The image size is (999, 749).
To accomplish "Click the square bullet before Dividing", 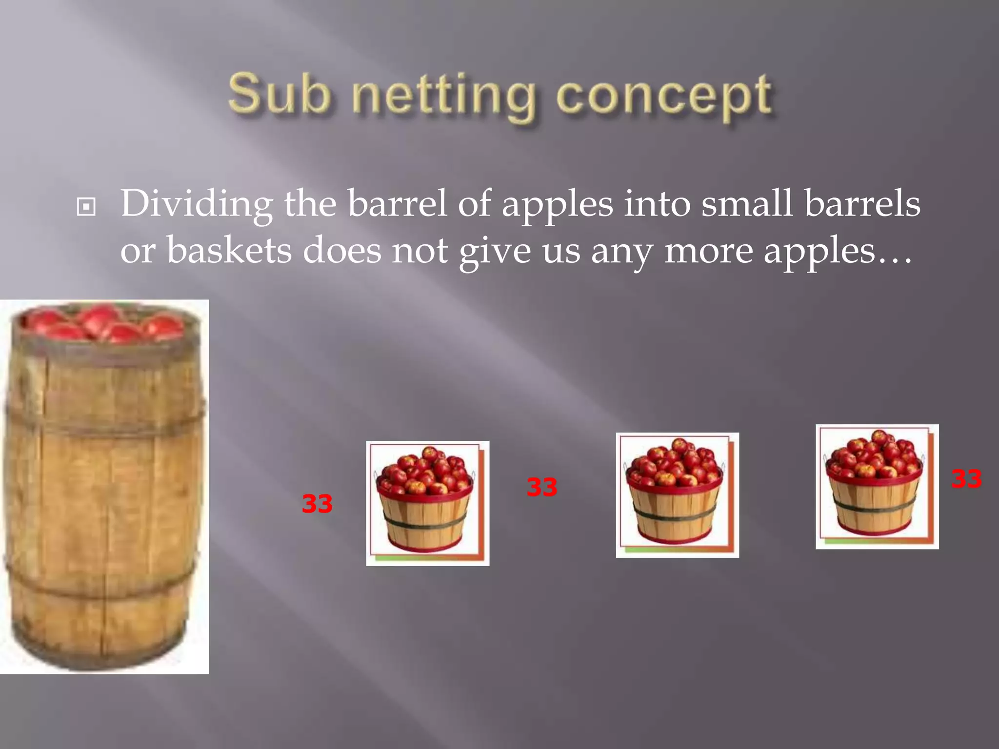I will tap(86, 207).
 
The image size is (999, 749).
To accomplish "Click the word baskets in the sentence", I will tap(229, 251).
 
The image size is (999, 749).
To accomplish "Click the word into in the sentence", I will tap(657, 204).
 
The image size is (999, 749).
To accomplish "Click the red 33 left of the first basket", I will tap(317, 504).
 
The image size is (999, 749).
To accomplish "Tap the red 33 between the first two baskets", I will tap(541, 487).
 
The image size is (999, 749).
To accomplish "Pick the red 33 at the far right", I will tap(966, 479).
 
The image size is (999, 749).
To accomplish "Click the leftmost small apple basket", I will tap(427, 503).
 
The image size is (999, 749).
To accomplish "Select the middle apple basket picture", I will tap(677, 495).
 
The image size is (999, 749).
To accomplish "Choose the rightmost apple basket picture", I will tap(877, 487).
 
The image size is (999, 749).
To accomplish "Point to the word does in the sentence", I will tap(342, 251).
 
